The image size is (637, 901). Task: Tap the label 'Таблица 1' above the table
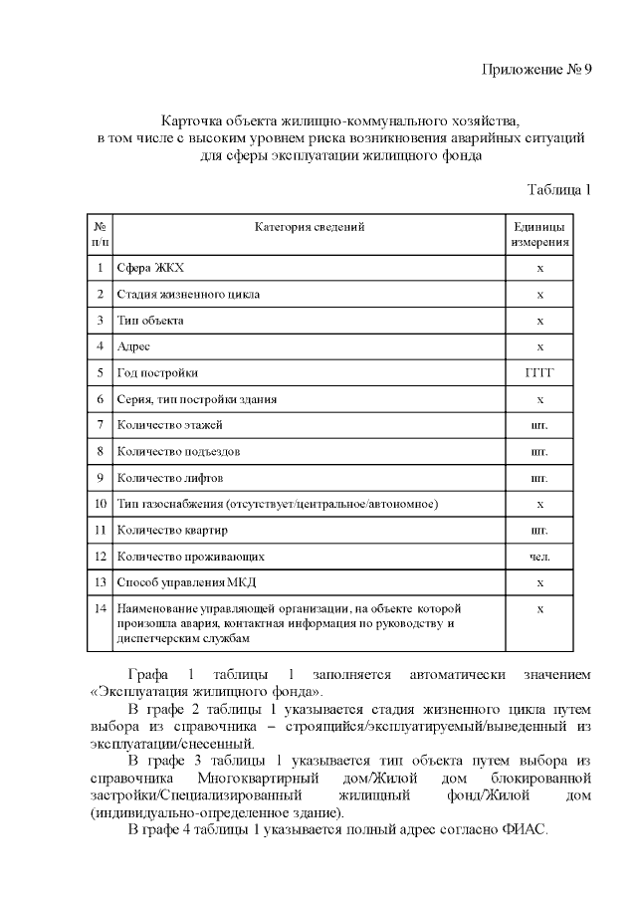coord(559,189)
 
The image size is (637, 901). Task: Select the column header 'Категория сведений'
coord(310,227)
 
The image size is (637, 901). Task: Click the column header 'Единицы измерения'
coord(539,234)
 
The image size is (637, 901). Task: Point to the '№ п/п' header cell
coord(100,234)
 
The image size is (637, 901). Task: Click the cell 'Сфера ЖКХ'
coord(150,269)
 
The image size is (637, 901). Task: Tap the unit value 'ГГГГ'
coord(539,373)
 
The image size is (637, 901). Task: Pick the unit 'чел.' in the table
coord(539,556)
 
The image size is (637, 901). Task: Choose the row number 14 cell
coord(100,607)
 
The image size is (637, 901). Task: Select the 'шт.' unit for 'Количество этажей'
coord(539,425)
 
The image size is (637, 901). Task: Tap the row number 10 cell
coord(100,504)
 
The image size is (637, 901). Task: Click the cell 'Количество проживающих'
coord(190,556)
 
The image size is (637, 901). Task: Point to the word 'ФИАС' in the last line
coord(526,831)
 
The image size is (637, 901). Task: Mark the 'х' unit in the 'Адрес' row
coord(539,346)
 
